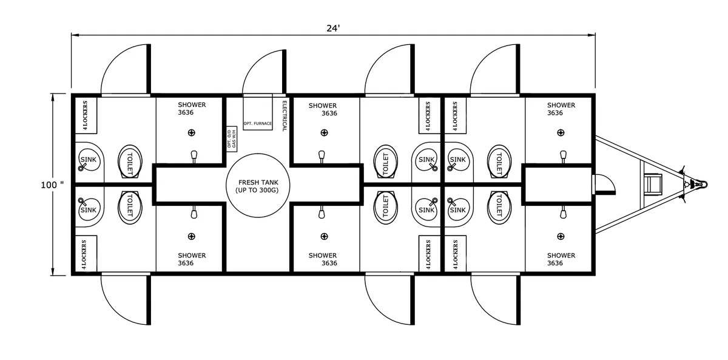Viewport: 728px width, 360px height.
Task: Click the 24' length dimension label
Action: [x=333, y=29]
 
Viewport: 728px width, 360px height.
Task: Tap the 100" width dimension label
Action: [x=52, y=185]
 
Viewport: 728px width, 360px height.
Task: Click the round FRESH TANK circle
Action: [x=258, y=185]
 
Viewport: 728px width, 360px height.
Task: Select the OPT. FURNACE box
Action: [x=258, y=112]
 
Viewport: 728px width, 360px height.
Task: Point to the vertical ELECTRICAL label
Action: [x=285, y=116]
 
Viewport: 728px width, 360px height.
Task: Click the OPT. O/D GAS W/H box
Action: [x=232, y=139]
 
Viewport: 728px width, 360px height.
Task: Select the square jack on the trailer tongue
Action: [x=653, y=184]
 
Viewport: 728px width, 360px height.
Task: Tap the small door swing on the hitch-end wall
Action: [x=604, y=185]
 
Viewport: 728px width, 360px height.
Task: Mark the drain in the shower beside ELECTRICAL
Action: [x=324, y=133]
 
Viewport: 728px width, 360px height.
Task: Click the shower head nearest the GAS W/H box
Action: [x=194, y=157]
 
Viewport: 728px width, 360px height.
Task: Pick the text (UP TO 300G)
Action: [x=257, y=190]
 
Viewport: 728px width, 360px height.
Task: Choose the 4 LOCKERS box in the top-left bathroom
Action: [x=86, y=115]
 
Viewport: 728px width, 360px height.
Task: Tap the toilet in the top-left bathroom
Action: [x=130, y=161]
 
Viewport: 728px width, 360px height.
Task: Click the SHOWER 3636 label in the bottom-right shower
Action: [x=561, y=259]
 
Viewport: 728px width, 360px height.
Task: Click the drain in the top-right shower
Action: [x=561, y=133]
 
